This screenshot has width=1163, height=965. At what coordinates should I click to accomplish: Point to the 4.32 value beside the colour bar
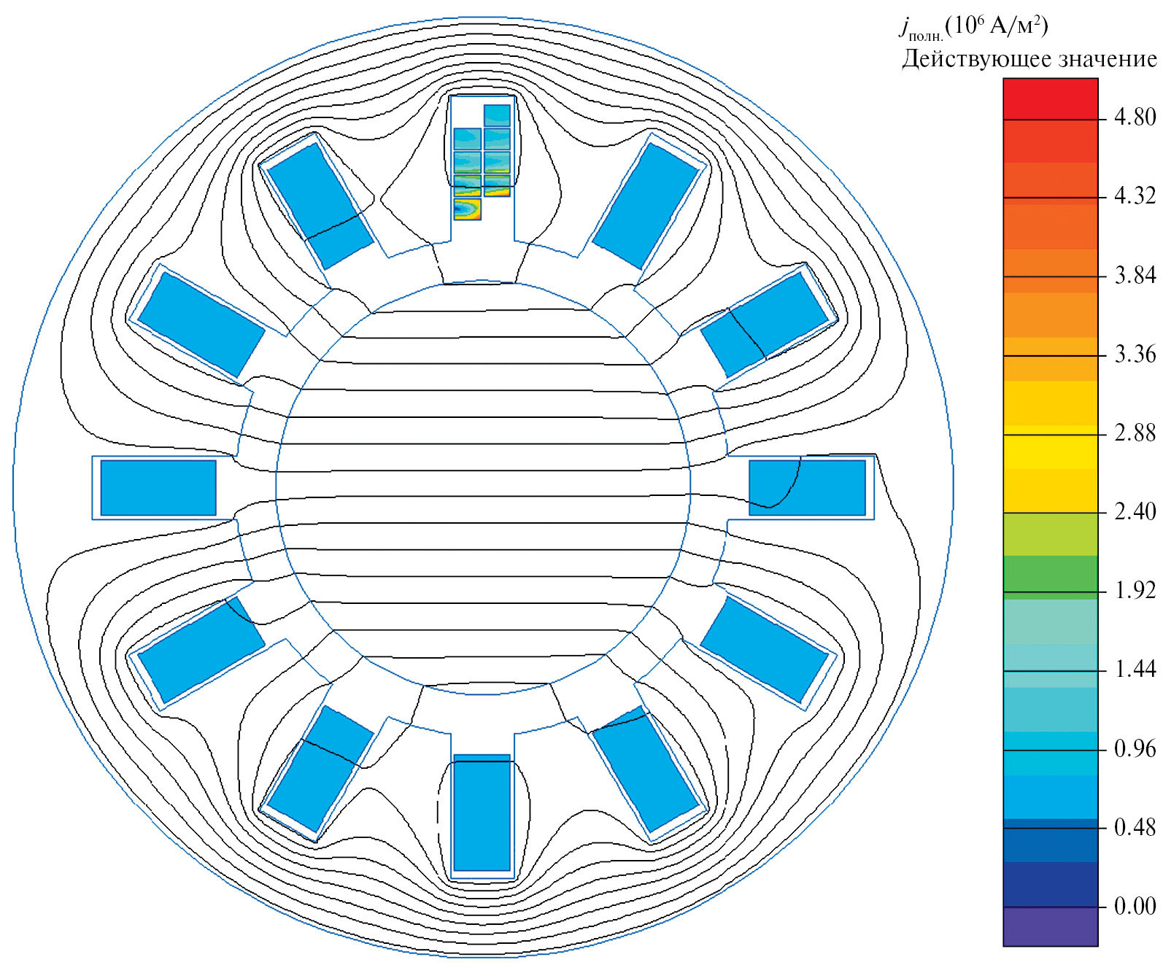pyautogui.click(x=1135, y=196)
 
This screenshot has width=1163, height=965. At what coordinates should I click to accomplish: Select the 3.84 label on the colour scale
pyautogui.click(x=1135, y=276)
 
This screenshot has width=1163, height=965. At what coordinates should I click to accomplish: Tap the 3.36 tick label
pyautogui.click(x=1135, y=354)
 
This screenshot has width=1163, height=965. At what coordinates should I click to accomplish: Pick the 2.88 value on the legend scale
pyautogui.click(x=1135, y=433)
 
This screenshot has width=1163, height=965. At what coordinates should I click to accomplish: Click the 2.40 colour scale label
pyautogui.click(x=1135, y=512)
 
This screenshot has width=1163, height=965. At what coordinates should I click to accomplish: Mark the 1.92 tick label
pyautogui.click(x=1135, y=591)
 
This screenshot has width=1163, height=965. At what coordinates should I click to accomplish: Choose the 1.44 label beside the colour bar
pyautogui.click(x=1135, y=670)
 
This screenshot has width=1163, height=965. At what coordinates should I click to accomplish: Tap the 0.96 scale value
pyautogui.click(x=1135, y=749)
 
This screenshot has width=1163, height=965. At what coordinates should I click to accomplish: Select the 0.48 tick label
pyautogui.click(x=1135, y=828)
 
